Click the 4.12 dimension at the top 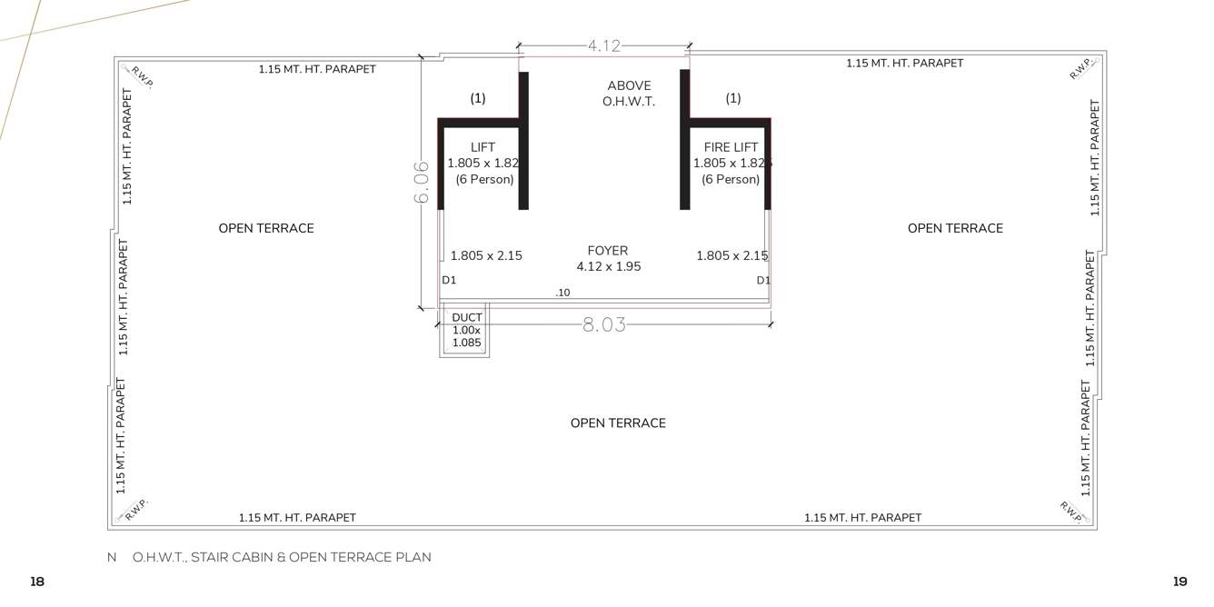coord(603,45)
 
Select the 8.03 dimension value coord(604,324)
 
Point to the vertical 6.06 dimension coord(422,183)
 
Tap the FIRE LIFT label coord(731,147)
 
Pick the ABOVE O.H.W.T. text coord(629,94)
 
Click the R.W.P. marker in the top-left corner coord(142,76)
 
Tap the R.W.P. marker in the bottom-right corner coord(1072,511)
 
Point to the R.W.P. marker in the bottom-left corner coord(135,510)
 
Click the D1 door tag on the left coord(449,281)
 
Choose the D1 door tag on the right coord(763,281)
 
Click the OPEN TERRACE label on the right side coord(955,228)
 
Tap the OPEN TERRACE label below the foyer coord(618,423)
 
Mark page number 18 coord(37,582)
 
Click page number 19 coord(1180,582)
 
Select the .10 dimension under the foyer coord(562,293)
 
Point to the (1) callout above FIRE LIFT coord(732,98)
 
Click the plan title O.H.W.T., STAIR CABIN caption coord(281,557)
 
